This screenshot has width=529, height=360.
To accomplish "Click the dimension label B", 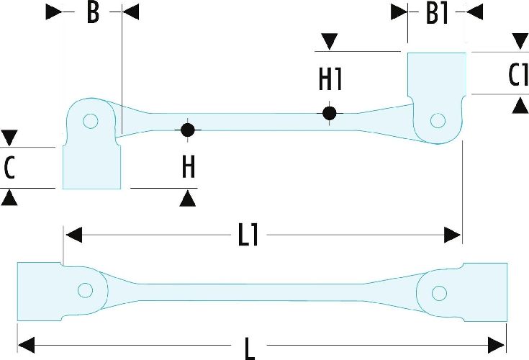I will tap(92, 13).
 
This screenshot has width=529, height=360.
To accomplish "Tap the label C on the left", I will tap(9, 167).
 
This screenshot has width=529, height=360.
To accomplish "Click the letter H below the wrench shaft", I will tap(188, 167).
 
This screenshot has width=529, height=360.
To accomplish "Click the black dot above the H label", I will tap(188, 130).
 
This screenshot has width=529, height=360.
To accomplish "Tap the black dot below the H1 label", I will tap(329, 113).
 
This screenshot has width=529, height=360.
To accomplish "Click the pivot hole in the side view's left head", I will tap(90, 121).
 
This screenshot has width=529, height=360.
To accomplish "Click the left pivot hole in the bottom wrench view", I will tap(86, 291).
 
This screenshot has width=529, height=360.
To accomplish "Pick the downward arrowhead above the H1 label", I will tap(330, 42).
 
